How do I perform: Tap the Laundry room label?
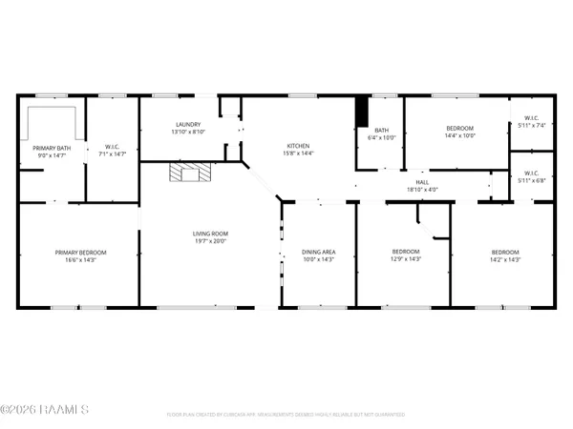pos(187,125)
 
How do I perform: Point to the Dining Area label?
pos(316,252)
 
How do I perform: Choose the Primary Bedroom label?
pos(79,252)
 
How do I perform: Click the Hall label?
pos(421,181)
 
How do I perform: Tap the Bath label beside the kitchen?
pos(382,131)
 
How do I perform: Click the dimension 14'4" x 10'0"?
pos(460,135)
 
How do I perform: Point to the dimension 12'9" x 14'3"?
pos(406,259)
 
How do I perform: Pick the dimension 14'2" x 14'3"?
pos(504,259)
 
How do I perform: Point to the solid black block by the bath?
pos(361,112)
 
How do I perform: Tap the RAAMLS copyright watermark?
pos(45,410)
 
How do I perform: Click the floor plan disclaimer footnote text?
pos(286,414)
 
